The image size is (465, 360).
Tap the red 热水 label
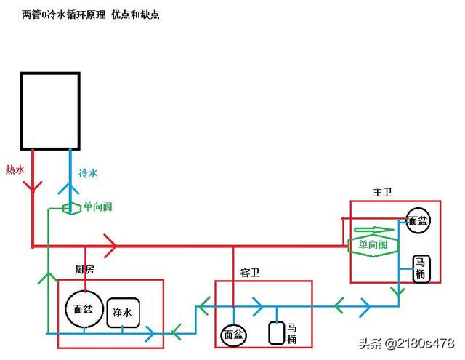pos(15,169)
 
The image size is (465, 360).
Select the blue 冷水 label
pos(88,174)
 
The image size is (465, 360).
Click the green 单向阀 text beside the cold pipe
pos(97,207)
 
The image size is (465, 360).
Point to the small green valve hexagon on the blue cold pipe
pos(71,208)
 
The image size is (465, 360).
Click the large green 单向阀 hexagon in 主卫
pos(373,246)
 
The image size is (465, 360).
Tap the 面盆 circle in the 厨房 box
pos(80,309)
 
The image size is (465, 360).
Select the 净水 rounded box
pos(123,313)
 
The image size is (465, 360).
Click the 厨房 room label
pos(85,269)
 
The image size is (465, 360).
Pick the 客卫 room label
pos(250,273)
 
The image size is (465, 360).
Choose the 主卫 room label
pos(382,192)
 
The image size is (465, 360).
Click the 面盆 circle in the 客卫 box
pos(234,335)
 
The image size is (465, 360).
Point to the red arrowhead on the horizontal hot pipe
pos(110,246)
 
